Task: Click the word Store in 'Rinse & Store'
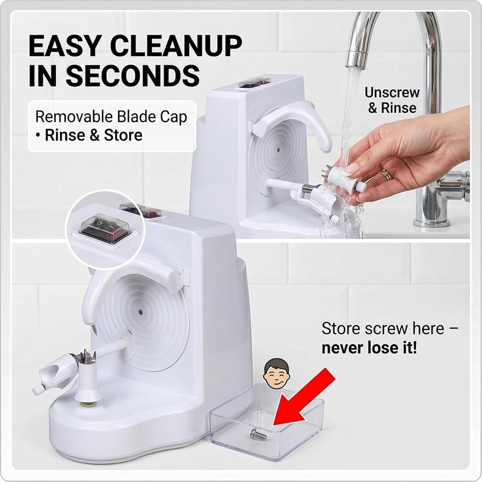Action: (123, 135)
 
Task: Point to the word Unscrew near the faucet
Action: (392, 92)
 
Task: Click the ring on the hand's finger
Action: (387, 174)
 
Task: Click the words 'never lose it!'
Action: (370, 348)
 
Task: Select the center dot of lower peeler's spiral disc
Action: (140, 312)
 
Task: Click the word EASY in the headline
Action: (65, 46)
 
